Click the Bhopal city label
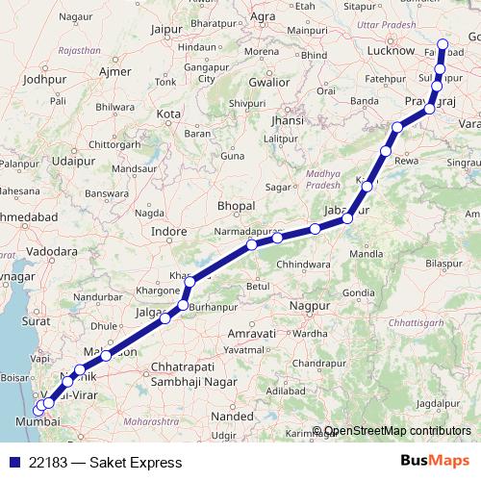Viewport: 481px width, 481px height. [x=236, y=206]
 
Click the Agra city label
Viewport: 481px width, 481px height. [x=263, y=16]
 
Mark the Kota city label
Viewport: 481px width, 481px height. [x=168, y=114]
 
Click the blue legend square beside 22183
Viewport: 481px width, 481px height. [x=16, y=462]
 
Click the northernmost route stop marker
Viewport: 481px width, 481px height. [x=443, y=43]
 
